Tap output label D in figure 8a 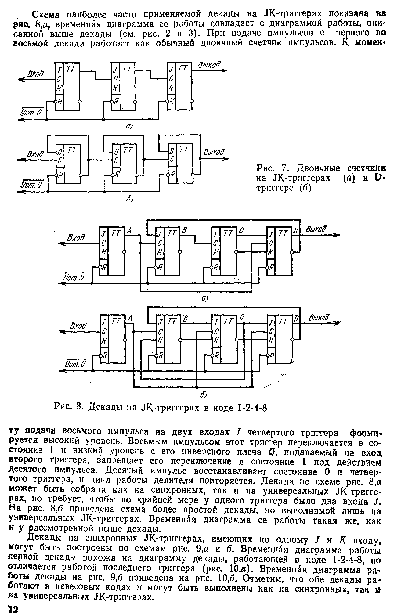tap(296, 231)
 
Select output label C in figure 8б tap(242, 318)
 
